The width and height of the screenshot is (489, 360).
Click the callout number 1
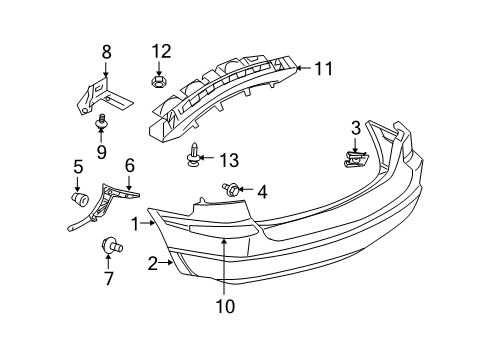(x=134, y=225)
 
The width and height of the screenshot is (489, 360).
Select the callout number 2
(x=153, y=265)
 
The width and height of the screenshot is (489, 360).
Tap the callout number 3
(x=355, y=127)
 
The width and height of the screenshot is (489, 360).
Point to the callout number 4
(x=263, y=191)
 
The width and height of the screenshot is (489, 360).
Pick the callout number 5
(x=77, y=166)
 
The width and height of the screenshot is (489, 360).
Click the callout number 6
(x=129, y=165)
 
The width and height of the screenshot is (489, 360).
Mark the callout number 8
(x=107, y=50)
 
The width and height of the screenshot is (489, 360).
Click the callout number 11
(x=322, y=68)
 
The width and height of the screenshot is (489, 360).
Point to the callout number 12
(x=161, y=50)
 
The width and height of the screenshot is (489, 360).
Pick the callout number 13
(x=229, y=160)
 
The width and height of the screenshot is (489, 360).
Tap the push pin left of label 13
(x=193, y=155)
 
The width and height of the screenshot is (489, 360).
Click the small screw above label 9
(x=101, y=120)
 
